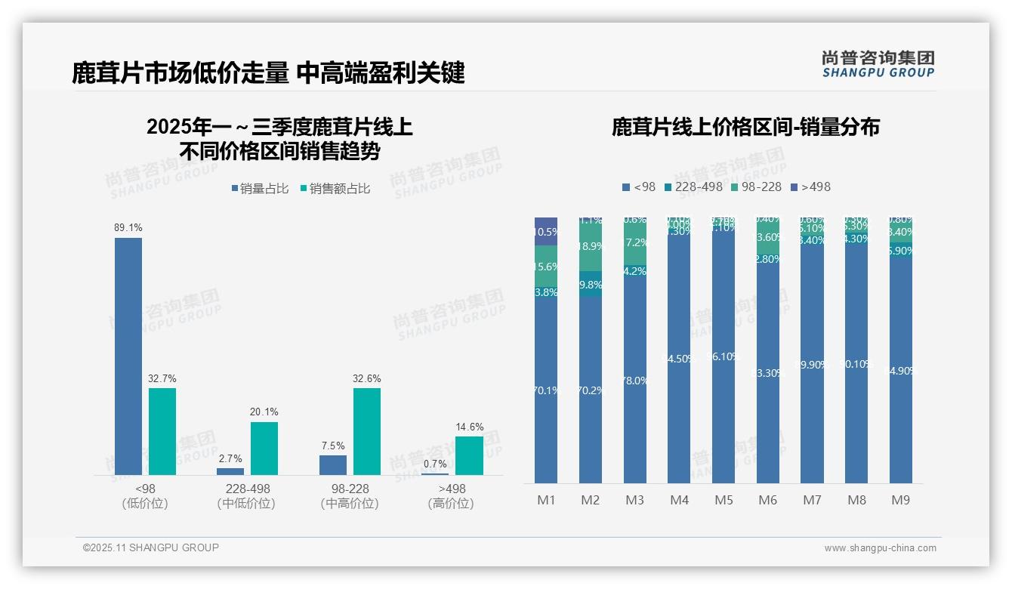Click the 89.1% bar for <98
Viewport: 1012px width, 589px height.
[128, 356]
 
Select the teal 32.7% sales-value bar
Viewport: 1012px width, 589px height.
[162, 431]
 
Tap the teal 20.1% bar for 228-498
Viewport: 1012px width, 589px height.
[264, 448]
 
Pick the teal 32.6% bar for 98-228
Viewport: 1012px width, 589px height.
[367, 431]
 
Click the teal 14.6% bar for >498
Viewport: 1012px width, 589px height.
[469, 455]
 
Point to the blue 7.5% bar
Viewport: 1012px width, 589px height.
[333, 465]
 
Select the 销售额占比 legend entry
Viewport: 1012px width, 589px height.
[335, 189]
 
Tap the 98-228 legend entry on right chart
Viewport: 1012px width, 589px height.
[754, 187]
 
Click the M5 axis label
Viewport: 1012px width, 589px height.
[724, 500]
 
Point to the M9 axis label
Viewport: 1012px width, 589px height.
[901, 500]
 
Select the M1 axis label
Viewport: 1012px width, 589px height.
[546, 500]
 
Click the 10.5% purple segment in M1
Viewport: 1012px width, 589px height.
[546, 232]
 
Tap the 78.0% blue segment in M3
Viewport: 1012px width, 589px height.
[635, 381]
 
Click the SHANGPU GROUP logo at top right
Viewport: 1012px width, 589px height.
[878, 63]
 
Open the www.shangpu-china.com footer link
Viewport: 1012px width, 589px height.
[880, 548]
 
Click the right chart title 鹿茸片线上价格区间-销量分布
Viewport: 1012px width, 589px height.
[745, 127]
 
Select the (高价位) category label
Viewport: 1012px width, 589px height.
[451, 504]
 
